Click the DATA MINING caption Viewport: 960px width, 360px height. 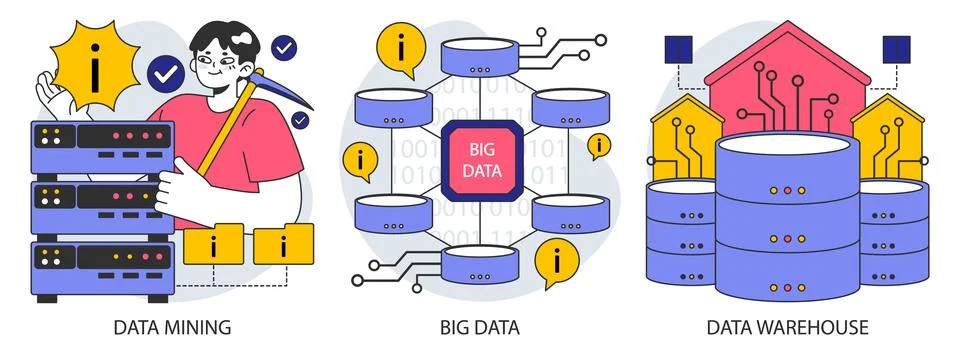click(x=172, y=327)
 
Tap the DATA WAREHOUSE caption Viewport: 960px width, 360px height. click(x=787, y=327)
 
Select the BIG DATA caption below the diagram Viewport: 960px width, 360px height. click(x=480, y=327)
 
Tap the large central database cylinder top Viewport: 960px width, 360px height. click(x=788, y=157)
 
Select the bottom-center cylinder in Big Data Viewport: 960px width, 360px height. click(x=477, y=264)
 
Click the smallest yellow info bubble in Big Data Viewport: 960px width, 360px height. click(x=598, y=146)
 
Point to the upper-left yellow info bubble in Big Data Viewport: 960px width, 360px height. click(x=401, y=47)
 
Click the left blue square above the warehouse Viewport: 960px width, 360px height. click(x=679, y=46)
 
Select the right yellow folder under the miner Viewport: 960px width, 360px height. click(x=283, y=243)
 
